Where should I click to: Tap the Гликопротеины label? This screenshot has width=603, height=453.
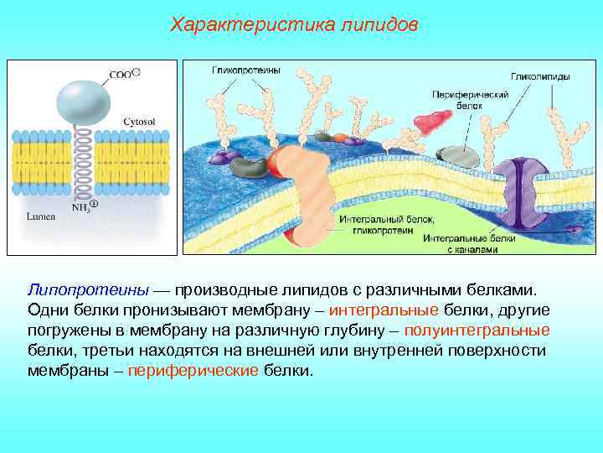point(245,70)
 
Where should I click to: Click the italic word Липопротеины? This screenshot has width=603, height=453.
point(88,289)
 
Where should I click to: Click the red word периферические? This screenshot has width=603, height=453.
point(193,370)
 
